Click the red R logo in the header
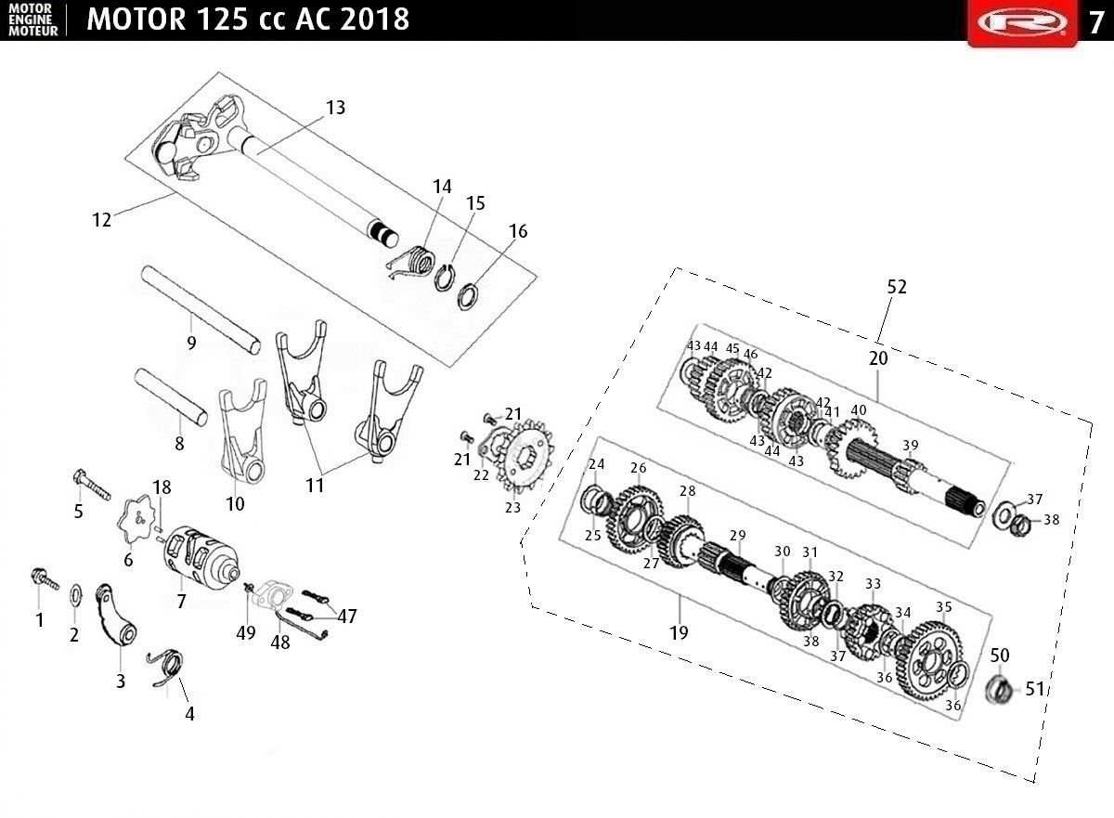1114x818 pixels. [x=1022, y=22]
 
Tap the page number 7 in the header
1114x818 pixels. [x=1095, y=23]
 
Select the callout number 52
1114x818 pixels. [x=897, y=286]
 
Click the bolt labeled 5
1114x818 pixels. [x=93, y=485]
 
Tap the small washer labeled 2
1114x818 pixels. [x=77, y=595]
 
